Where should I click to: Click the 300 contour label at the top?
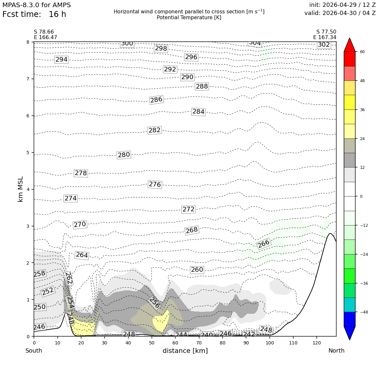pos(127,44)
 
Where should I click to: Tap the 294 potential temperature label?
pos(62,60)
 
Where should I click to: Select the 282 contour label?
pos(154,130)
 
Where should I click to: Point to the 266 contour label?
pos(264,244)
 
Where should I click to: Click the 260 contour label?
pos(197,269)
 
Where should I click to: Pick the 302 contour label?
pos(324,45)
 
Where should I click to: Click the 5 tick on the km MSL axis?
pos(28,153)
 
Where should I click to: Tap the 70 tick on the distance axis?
pos(199,343)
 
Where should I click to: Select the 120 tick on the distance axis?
pos(317,343)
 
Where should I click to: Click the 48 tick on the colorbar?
pos(362,81)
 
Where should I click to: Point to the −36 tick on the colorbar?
pos(364,283)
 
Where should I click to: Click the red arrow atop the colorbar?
pos(350,45)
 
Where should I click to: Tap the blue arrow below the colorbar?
pos(350,333)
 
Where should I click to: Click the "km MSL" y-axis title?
pos(21,189)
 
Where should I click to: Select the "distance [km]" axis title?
pos(185,351)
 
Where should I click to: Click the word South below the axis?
pos(34,351)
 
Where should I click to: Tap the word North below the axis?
pos(336,351)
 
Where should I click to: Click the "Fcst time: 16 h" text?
pos(34,14)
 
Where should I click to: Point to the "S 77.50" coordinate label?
pos(326,32)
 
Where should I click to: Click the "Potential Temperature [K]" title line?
pos(189,18)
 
